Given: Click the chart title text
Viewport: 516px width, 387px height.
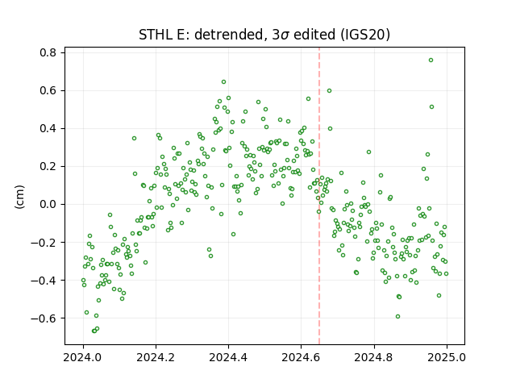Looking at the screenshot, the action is tap(264, 35).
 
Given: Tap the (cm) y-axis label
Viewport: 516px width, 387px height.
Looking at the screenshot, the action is tap(19, 197).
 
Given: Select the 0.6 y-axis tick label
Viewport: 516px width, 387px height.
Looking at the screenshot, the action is tap(48, 90).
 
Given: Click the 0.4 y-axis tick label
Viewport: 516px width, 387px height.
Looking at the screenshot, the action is tap(48, 128).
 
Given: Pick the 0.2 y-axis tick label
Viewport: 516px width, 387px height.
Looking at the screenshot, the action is tap(48, 167).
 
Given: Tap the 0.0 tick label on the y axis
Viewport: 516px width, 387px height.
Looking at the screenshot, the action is tap(48, 204).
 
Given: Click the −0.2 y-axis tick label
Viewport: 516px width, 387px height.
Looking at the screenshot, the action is tap(44, 243).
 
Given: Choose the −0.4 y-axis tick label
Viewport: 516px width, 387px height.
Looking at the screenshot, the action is tap(44, 281).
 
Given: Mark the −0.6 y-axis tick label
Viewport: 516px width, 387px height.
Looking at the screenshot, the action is tap(44, 318).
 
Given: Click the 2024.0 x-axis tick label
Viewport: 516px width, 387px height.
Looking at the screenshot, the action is tap(83, 357).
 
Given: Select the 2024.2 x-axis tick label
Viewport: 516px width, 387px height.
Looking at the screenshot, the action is tap(156, 357).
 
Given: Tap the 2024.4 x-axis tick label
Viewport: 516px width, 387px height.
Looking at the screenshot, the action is tap(228, 357).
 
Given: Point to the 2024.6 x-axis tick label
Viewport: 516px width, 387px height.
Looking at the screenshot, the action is tap(301, 357).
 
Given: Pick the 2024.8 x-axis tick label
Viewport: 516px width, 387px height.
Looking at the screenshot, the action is tap(374, 357).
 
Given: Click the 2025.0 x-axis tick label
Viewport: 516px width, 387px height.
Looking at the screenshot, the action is tap(447, 357).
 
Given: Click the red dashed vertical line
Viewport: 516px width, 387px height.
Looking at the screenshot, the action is tap(319, 196).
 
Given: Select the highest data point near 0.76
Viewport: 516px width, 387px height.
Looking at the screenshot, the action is tap(431, 60).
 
